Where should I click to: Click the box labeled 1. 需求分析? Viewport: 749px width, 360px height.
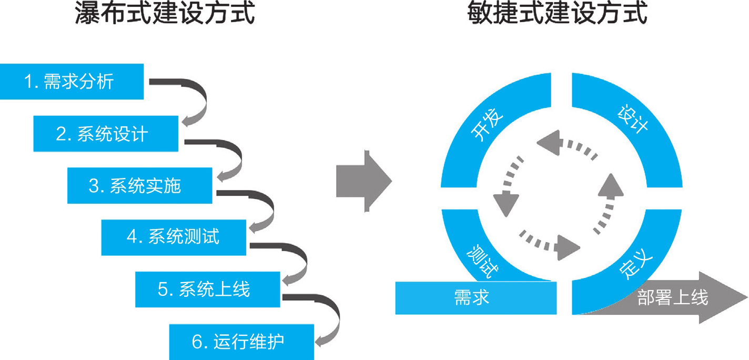[72, 82]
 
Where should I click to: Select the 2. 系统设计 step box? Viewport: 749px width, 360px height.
[106, 134]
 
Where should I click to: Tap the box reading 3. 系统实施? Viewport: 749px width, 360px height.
[139, 185]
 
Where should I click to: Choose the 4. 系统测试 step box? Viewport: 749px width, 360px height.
[174, 237]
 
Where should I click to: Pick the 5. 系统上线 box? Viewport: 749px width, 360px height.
[207, 289]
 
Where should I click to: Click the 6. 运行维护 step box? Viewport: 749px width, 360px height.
[241, 342]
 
